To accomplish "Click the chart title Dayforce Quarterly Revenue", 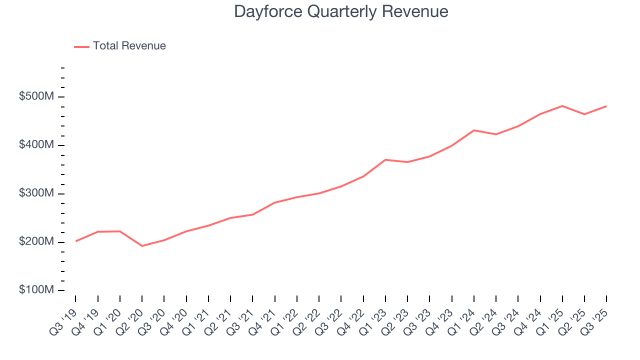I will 341,11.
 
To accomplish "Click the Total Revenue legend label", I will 129,46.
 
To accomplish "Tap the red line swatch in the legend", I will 81,46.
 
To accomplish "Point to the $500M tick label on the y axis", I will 36,96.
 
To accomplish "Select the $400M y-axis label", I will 36,145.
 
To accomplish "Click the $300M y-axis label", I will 36,193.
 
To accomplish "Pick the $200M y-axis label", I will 36,242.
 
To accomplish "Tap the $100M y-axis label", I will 36,290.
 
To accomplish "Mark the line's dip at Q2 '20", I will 142,246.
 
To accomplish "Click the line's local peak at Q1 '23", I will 385,159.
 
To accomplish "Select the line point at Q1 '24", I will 474,130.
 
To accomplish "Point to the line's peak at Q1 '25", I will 562,106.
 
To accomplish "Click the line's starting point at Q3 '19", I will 75,241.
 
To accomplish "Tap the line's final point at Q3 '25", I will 606,106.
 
